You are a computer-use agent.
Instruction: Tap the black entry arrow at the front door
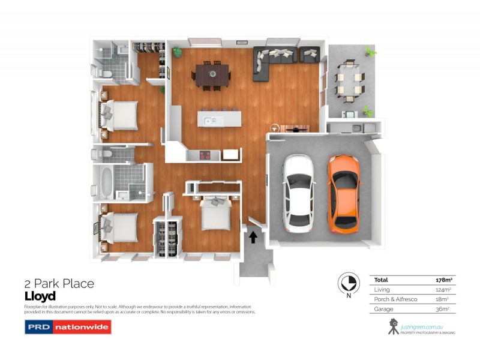tap(253, 238)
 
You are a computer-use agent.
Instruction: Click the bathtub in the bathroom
tap(107, 183)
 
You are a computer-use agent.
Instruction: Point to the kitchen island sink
tap(210, 121)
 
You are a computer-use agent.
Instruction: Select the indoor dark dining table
tap(212, 75)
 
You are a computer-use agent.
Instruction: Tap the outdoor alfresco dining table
tap(349, 85)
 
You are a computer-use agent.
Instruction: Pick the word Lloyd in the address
tap(40, 296)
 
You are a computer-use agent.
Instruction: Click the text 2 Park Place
tap(59, 284)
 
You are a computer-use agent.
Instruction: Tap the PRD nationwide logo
tap(67, 327)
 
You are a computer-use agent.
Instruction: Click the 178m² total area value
tap(443, 280)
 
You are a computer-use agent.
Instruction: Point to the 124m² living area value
tap(443, 290)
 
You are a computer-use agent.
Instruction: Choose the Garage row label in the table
tap(383, 309)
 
